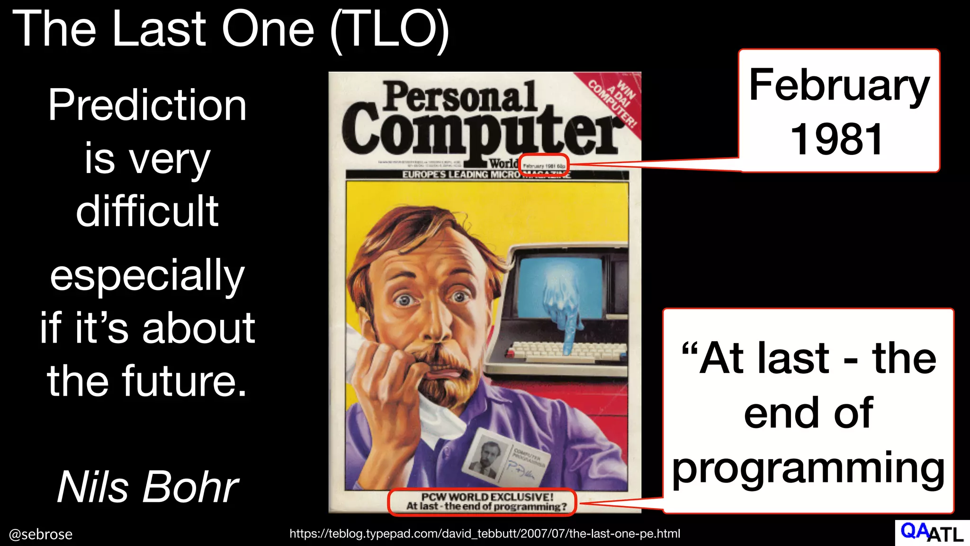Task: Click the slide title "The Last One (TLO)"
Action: pyautogui.click(x=231, y=29)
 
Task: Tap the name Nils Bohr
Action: pyautogui.click(x=148, y=487)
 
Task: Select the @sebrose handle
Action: pyautogui.click(x=41, y=534)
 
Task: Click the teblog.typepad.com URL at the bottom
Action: pyautogui.click(x=485, y=534)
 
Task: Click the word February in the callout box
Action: pyautogui.click(x=839, y=85)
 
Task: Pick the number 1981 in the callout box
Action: pyautogui.click(x=837, y=139)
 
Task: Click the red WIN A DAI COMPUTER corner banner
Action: pyautogui.click(x=614, y=102)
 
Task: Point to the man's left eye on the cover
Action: pyautogui.click(x=458, y=297)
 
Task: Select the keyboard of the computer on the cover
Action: pyautogui.click(x=566, y=351)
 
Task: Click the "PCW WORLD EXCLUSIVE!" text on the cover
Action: pyautogui.click(x=487, y=497)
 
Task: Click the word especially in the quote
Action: pyautogui.click(x=147, y=276)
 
